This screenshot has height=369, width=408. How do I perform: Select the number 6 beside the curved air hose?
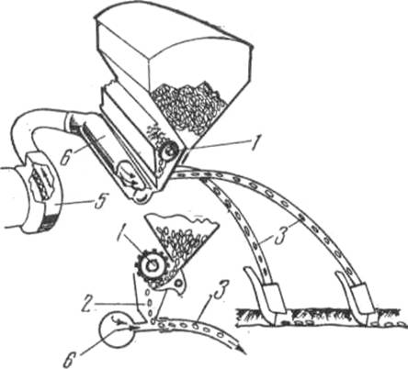click(x=64, y=155)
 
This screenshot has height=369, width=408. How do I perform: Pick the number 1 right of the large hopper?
click(x=255, y=143)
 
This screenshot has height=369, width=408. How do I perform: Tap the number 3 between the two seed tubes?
click(x=280, y=236)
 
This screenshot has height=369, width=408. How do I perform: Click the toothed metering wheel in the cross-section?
click(x=150, y=265)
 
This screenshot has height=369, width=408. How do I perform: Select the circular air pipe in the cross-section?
click(x=117, y=329)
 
